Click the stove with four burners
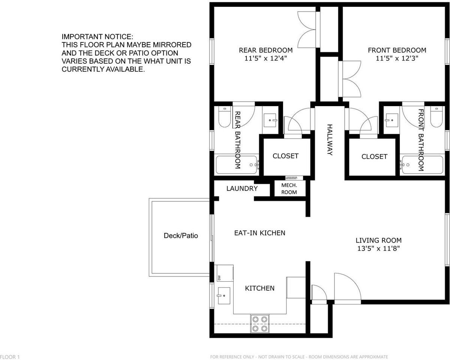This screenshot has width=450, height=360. pos(260,324)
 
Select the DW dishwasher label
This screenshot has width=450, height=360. pos(219,277)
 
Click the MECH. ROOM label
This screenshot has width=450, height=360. pos(289,189)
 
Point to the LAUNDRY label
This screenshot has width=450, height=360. pos(242,189)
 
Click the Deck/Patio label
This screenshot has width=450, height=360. pos(181,236)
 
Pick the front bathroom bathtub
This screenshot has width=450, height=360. pos(421,165)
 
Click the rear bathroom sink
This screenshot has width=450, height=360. pos(269,120)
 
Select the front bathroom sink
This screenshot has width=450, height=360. pos(391,120)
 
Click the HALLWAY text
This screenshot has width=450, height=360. pos(330,140)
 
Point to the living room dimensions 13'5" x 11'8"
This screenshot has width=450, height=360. pos(379,248)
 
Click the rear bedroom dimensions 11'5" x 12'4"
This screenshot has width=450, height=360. pos(266,58)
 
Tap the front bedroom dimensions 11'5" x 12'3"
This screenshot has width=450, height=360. pos(397,58)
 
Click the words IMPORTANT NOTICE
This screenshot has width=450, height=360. pos(97,37)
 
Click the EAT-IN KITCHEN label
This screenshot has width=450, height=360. pos(259,233)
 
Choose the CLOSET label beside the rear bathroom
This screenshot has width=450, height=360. pos(285,156)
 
